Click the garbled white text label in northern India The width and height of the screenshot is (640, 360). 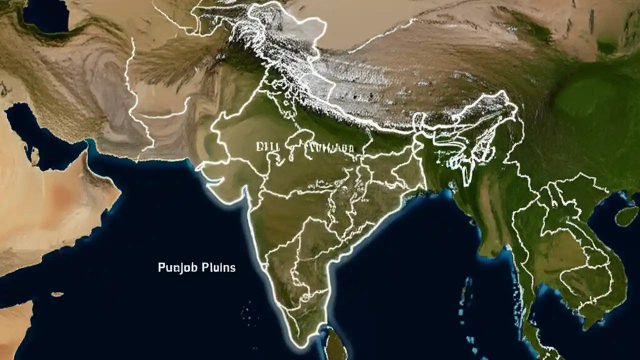point(305,147)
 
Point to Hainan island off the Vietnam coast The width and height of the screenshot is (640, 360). point(626,216)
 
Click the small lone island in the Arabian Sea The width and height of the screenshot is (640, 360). point(57,294)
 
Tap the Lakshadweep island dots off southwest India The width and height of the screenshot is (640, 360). point(248,312)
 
